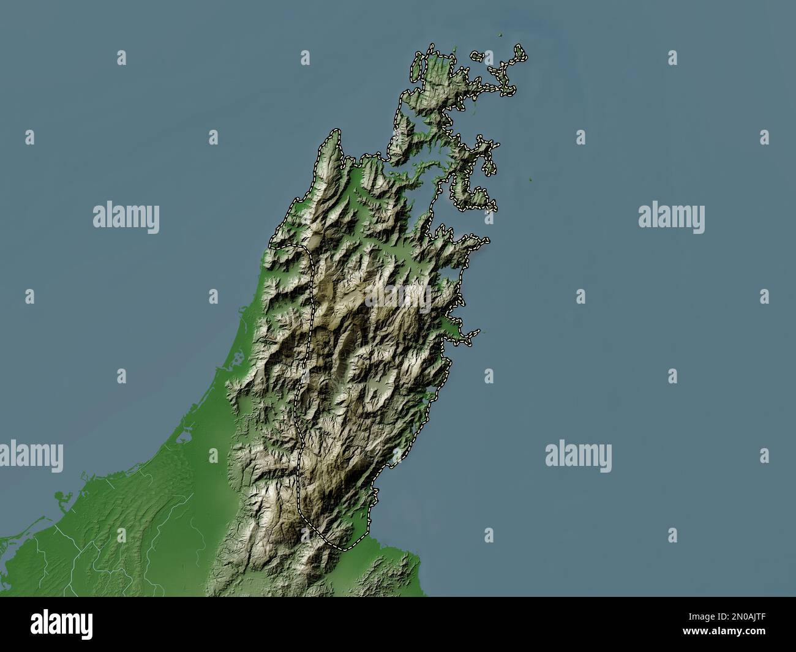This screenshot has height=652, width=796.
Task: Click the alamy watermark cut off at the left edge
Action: click(x=31, y=456)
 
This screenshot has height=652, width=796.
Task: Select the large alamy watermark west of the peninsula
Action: click(x=126, y=217)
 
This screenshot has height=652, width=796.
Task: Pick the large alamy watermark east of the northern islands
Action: click(x=671, y=217)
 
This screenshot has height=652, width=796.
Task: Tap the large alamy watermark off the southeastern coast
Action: click(x=578, y=456)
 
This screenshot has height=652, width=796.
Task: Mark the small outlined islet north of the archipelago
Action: click(x=476, y=56)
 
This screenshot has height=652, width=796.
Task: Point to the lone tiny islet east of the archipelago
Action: click(x=530, y=180)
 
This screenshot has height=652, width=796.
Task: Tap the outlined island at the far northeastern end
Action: click(x=520, y=53)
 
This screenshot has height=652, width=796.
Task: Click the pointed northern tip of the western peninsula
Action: click(x=335, y=132)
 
